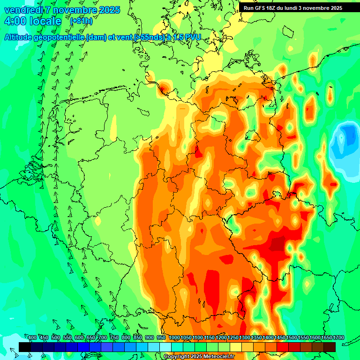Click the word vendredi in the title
pos(23,10)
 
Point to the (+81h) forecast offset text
pos(81,21)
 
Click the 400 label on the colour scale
pos(32,338)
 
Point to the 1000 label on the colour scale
pos(174,338)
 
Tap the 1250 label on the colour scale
pos(233,338)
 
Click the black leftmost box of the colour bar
pos(25,347)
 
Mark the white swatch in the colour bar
pos(165,347)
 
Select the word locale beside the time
pos(45,21)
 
